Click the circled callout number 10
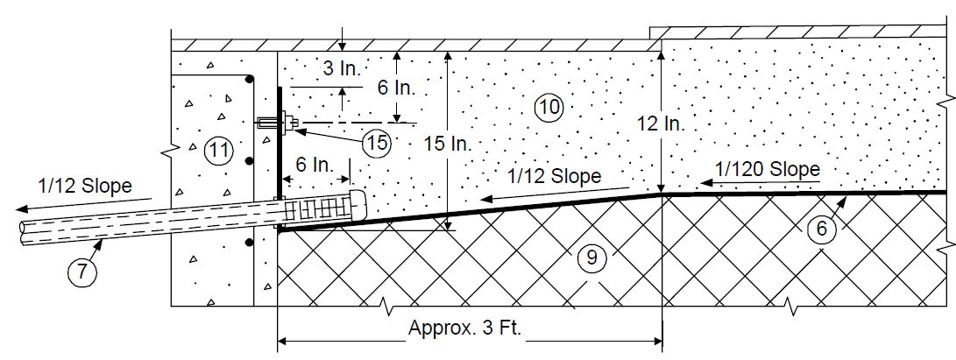coord(549,108)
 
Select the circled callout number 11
coord(218,150)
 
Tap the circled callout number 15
coord(376,144)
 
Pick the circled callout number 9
coord(591,258)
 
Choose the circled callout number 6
coord(821,229)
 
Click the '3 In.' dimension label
coord(342,68)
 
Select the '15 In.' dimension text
coord(448,145)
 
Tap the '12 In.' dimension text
coord(661,124)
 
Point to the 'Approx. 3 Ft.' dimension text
coord(465,328)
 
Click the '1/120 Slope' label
coord(767,169)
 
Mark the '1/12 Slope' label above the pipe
coord(85,186)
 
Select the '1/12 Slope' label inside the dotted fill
coord(554,176)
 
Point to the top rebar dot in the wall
coord(249,79)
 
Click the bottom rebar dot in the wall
coord(249,243)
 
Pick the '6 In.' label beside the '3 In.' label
coord(396,88)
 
